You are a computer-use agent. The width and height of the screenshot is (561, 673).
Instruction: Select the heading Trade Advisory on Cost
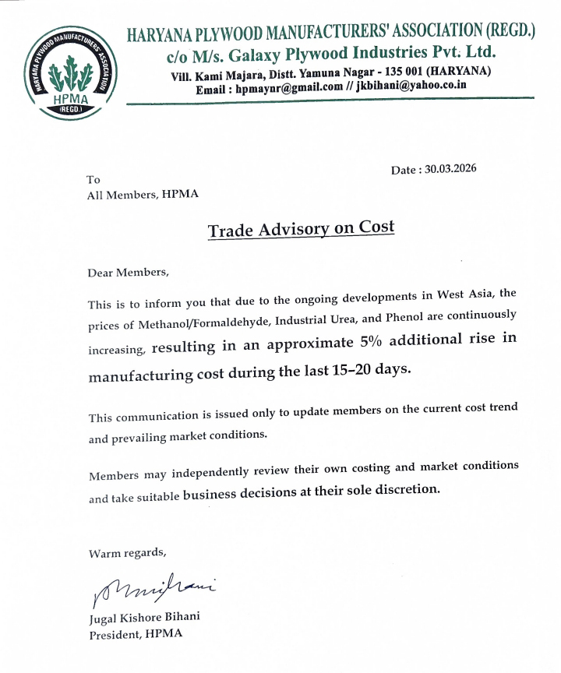tap(301, 229)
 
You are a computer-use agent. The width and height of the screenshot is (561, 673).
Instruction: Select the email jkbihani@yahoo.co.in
tap(411, 86)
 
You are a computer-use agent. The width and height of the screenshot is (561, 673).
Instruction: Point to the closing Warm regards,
tap(127, 554)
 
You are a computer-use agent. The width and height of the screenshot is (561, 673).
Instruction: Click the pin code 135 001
tap(404, 72)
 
